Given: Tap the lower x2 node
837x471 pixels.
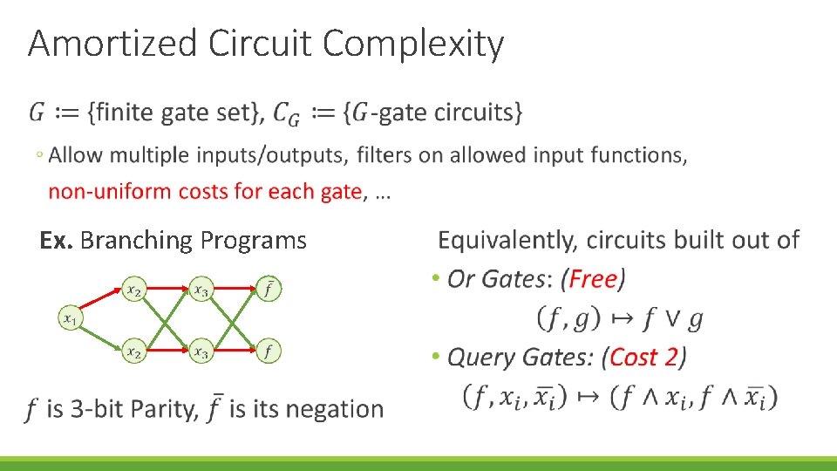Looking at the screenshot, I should [x=133, y=352].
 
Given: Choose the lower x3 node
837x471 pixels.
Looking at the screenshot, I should [x=201, y=352].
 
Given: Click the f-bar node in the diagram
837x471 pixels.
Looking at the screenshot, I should [x=269, y=289].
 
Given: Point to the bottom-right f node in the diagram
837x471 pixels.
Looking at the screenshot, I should [x=269, y=352].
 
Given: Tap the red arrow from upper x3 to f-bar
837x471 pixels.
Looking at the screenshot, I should [x=235, y=289].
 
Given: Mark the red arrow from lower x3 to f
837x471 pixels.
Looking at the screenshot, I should [x=235, y=352].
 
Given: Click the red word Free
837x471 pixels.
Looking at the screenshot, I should [x=593, y=279].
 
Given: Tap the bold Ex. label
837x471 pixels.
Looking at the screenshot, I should [x=56, y=240].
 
